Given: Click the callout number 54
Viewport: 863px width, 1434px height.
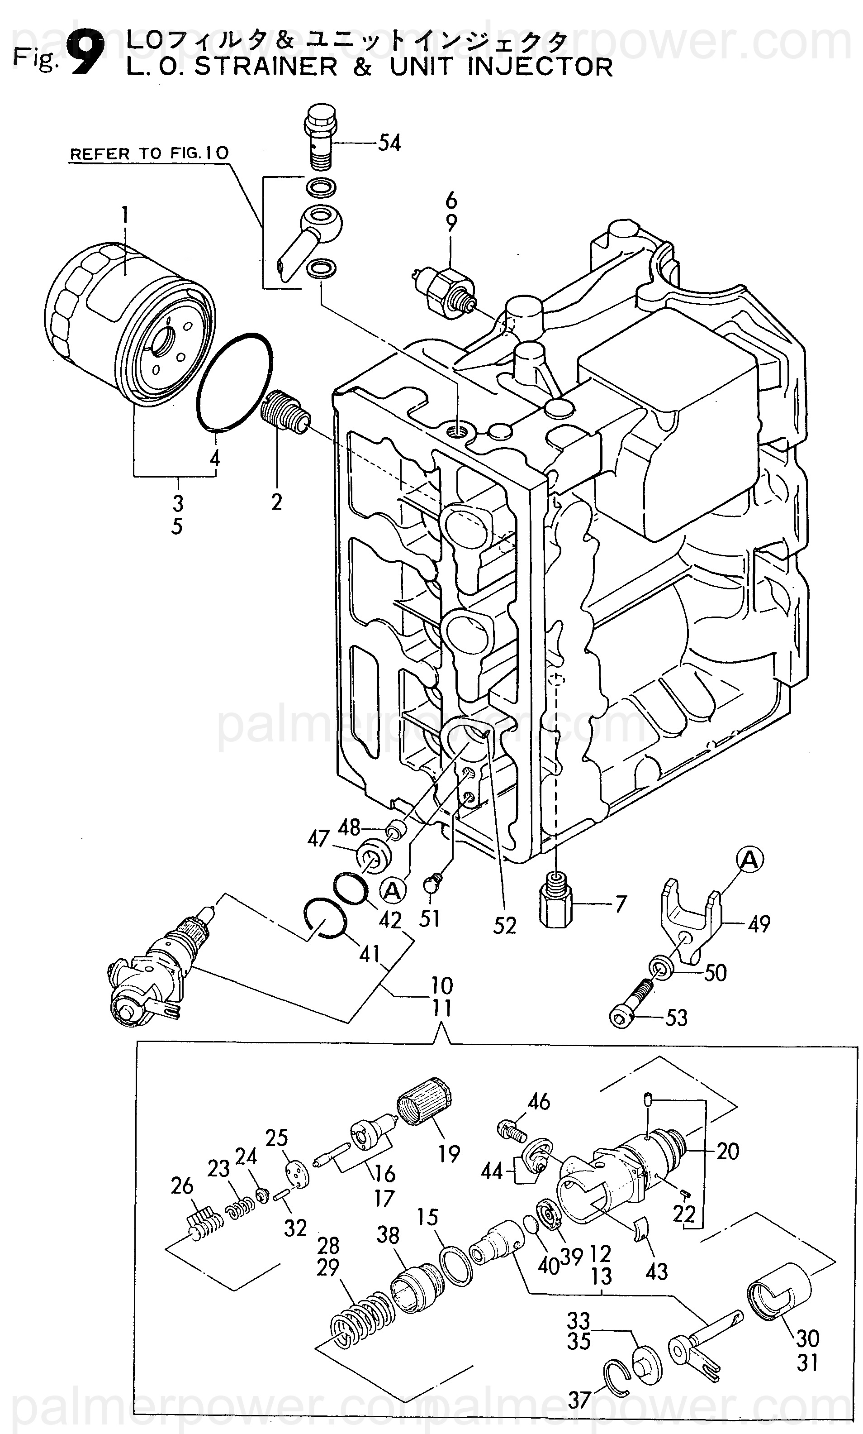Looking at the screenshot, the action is pyautogui.click(x=389, y=143).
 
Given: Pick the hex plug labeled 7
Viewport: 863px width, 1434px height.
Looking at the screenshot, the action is pyautogui.click(x=556, y=898).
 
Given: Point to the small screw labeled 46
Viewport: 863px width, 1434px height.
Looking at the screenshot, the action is pyautogui.click(x=512, y=1130).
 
